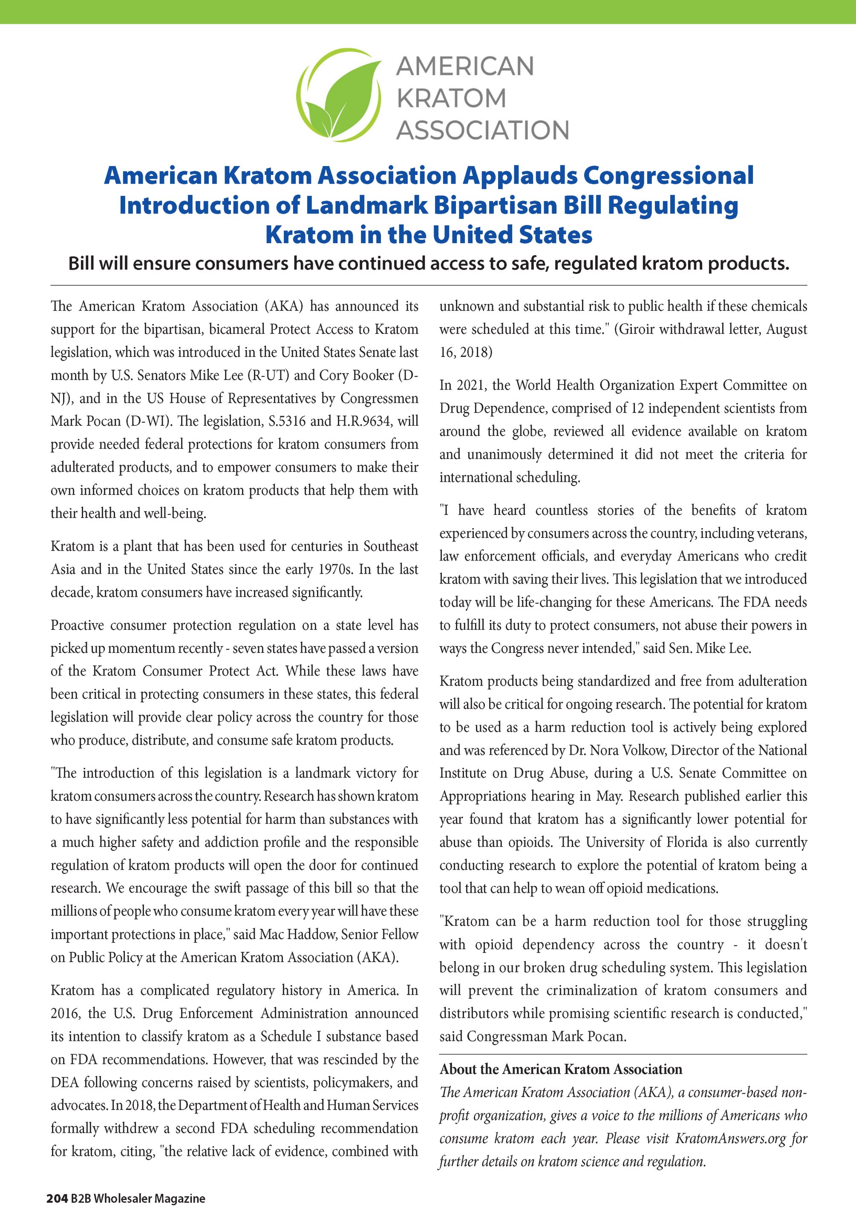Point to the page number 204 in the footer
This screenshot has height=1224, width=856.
click(x=57, y=1199)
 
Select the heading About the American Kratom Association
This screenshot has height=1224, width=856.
click(x=561, y=1069)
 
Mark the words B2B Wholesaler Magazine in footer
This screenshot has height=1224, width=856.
click(x=138, y=1199)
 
